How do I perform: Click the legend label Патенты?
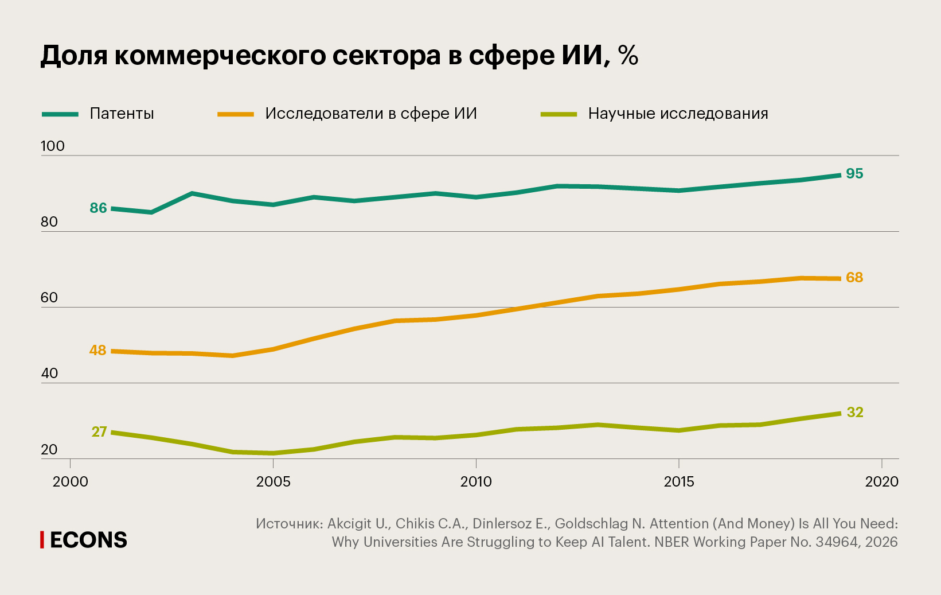pos(122,114)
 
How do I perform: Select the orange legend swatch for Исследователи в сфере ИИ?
pos(235,114)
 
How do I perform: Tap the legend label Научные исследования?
pos(678,114)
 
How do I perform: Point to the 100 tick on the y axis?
pos(53,146)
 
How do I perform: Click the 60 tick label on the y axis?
pos(49,297)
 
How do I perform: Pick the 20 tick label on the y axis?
pos(49,449)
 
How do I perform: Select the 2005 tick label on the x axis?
pos(273,481)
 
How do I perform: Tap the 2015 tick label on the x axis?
pos(679,481)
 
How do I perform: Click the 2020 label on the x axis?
pos(881,481)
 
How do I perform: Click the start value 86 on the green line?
pos(98,208)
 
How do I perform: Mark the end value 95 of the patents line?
pos(854,174)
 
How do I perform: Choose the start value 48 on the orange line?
pos(97,350)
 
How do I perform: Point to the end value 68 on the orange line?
pos(854,278)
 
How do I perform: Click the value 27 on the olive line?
pos(99,431)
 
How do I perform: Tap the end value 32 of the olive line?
pos(855,413)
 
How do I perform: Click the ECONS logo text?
pos(88,540)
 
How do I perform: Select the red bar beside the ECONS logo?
pos(42,540)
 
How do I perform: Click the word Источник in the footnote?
pos(289,524)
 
